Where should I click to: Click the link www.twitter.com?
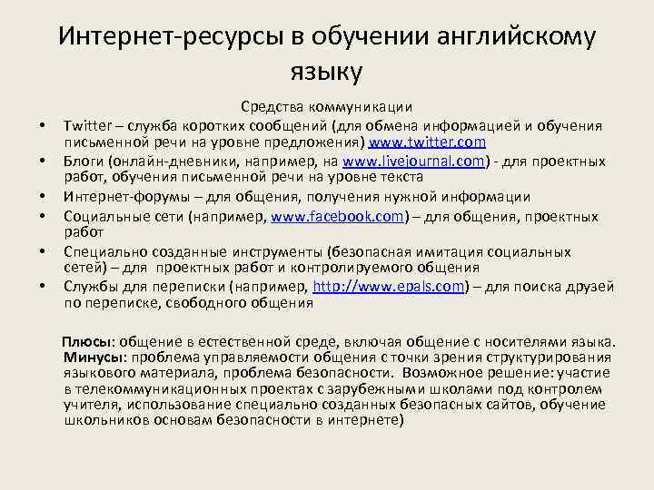pos(426,142)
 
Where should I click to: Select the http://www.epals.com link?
pos(389,287)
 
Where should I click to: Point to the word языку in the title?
pos(326,71)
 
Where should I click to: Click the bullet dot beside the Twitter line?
pos(42,126)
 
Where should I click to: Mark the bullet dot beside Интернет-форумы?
pos(42,199)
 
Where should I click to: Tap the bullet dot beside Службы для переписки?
pos(42,289)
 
